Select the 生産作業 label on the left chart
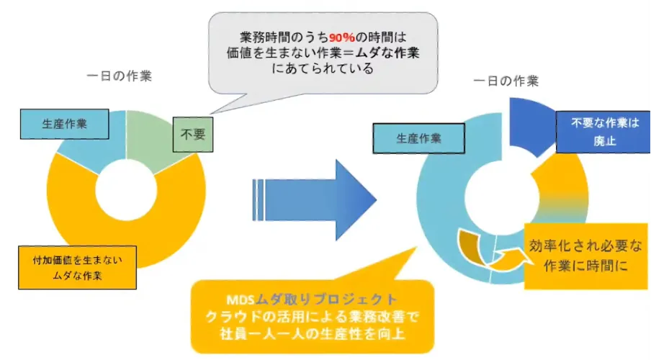pos(65,123)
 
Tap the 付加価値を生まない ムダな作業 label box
pos(76,267)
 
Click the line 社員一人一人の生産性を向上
pos(312,334)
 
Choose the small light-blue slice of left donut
pos(86,148)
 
